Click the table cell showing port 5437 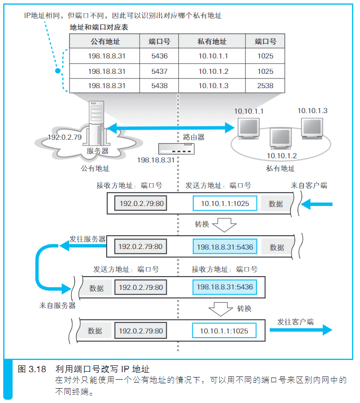(x=159, y=71)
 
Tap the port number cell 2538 (x=265, y=85)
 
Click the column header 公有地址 (x=105, y=41)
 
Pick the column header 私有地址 (x=212, y=41)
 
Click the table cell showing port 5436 (x=159, y=56)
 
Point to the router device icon (x=176, y=149)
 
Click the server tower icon (x=96, y=123)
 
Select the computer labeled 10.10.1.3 (x=312, y=128)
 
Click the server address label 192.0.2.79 (x=65, y=137)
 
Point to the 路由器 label (x=194, y=137)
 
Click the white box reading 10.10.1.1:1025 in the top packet (x=225, y=203)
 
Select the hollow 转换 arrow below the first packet (x=224, y=225)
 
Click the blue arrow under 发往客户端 (x=301, y=330)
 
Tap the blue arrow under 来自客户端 (x=316, y=204)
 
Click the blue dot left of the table (x=58, y=71)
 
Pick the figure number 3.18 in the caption (x=37, y=370)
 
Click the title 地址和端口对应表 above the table (x=99, y=27)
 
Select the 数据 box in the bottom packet (x=95, y=330)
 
